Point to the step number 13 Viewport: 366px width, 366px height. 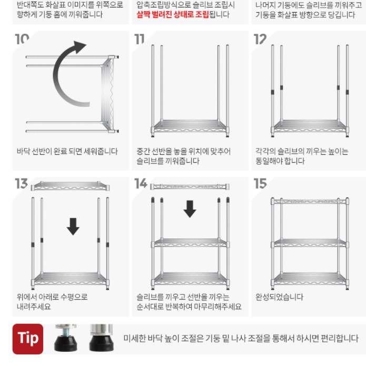[22, 184]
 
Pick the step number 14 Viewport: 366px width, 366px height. [141, 184]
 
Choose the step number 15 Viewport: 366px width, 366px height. [261, 184]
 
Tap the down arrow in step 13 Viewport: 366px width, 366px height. [73, 226]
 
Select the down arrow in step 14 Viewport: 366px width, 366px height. [190, 209]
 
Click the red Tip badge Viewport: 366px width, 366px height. [28, 338]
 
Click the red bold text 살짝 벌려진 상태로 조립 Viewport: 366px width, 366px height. [172, 15]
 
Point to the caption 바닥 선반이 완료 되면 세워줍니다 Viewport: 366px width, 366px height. [67, 152]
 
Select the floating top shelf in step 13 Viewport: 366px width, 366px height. [71, 186]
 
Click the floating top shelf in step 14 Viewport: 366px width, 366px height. [190, 186]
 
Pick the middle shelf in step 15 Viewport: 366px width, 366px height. [310, 243]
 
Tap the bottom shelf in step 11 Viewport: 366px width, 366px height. [190, 127]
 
